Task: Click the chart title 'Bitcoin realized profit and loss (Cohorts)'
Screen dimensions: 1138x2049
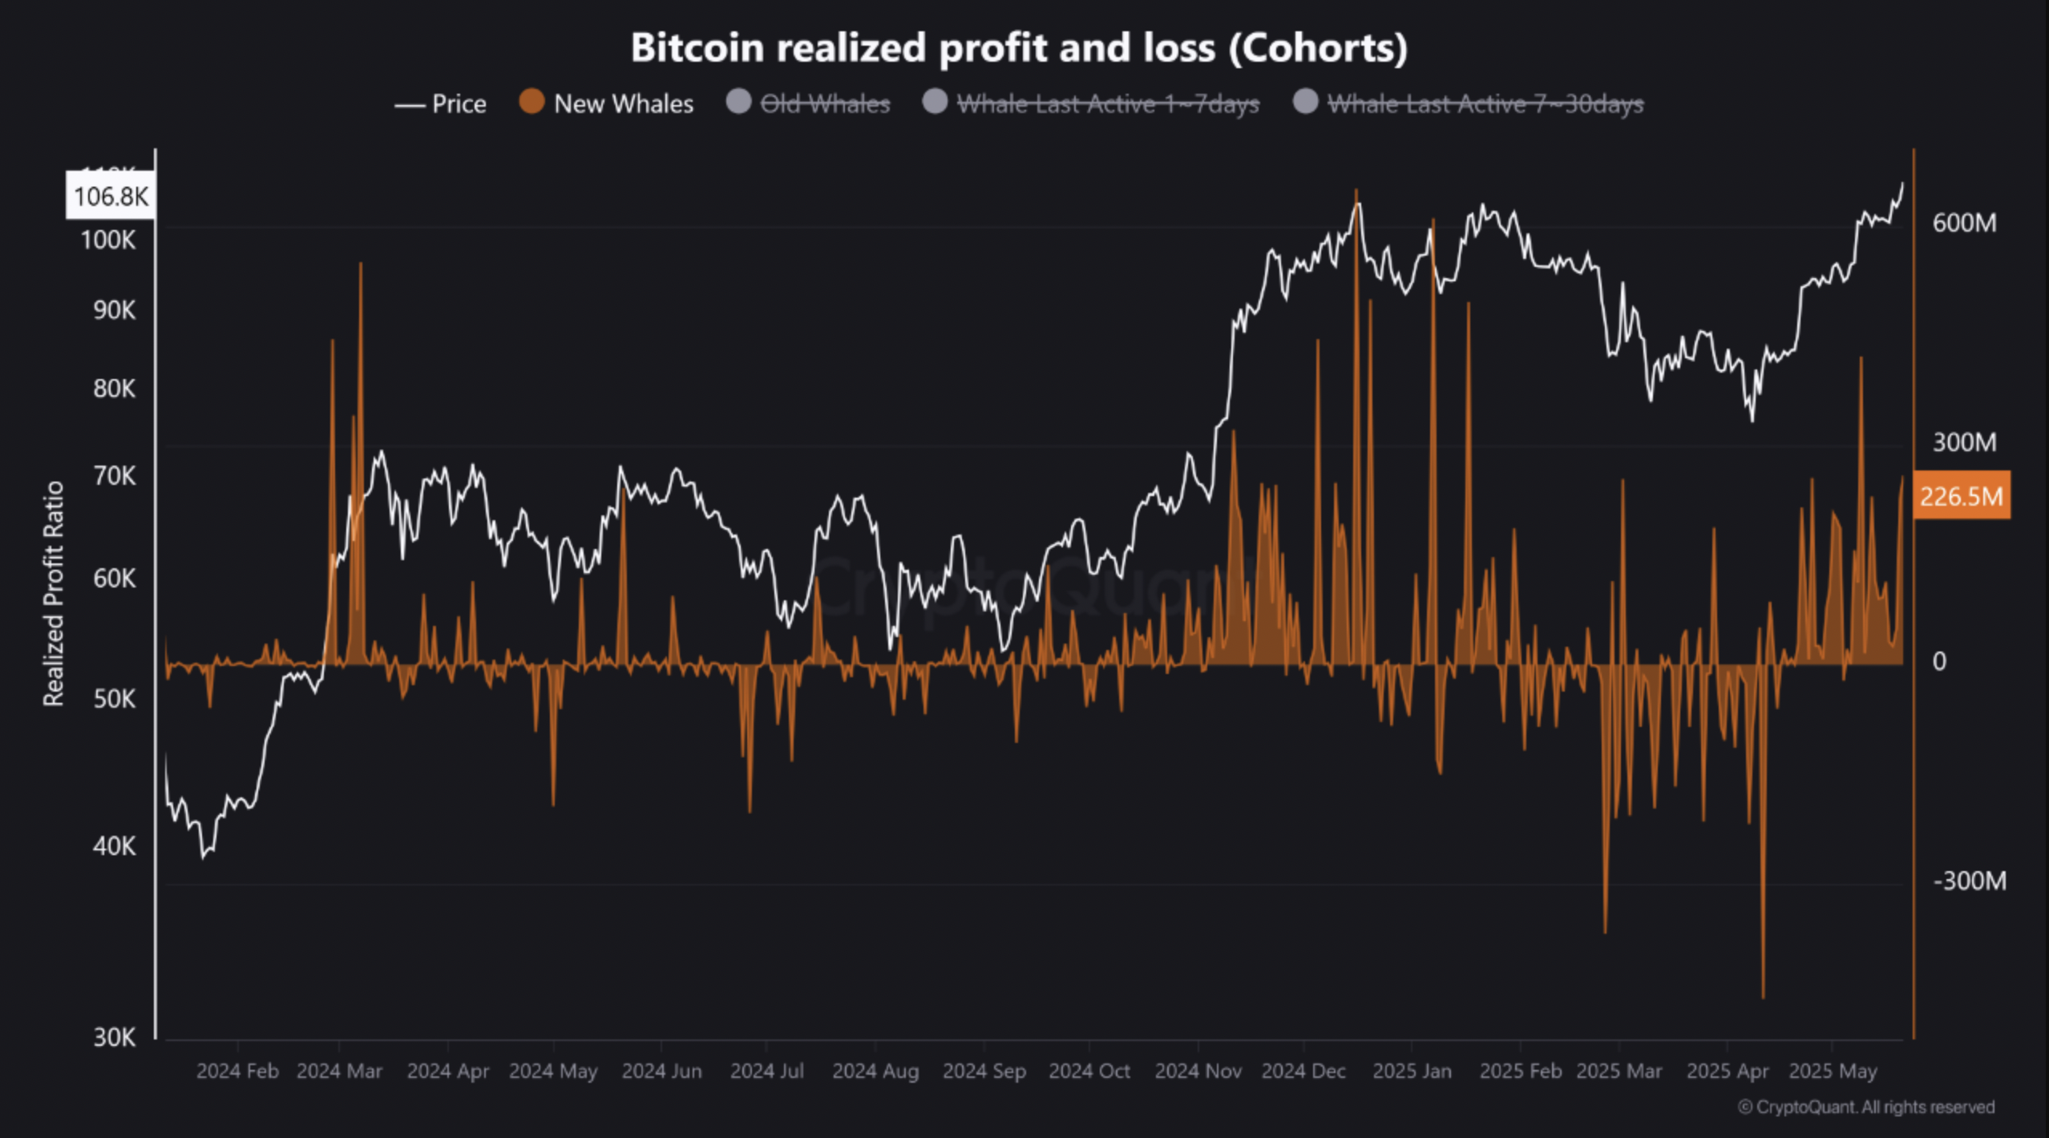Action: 1018,48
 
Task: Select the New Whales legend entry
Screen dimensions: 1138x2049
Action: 607,103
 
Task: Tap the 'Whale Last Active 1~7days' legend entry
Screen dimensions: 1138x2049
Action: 1091,103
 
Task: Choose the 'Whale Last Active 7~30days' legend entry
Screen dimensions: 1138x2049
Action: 1469,103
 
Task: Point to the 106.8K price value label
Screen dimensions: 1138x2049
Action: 111,196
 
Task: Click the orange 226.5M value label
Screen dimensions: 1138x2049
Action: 1961,496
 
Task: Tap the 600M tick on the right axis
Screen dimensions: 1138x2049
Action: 1963,223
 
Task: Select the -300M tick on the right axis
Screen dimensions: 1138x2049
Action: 1969,881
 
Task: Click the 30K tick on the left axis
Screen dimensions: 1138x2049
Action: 114,1038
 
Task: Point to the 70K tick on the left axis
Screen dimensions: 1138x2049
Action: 114,476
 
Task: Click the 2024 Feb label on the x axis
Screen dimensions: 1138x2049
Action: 237,1071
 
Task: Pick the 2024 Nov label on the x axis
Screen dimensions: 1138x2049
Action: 1198,1071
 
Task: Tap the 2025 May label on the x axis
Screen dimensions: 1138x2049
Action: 1833,1071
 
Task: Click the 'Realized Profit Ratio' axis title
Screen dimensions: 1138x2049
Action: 53,594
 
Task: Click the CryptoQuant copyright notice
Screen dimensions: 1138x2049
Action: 1865,1107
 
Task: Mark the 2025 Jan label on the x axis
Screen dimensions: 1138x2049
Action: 1412,1071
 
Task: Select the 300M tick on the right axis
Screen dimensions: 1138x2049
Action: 1963,442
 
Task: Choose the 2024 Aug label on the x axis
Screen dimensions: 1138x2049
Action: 875,1071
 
